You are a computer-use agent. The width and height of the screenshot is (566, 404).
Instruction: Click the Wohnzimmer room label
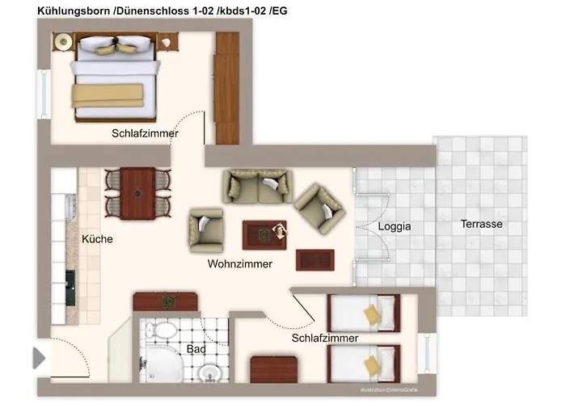click(x=239, y=264)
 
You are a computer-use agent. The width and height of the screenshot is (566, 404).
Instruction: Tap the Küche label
click(x=97, y=239)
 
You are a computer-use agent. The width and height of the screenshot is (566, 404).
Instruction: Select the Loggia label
click(x=395, y=226)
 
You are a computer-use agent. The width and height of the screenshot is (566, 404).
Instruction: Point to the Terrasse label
click(x=482, y=224)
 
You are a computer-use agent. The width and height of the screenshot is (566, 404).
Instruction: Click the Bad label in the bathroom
click(x=196, y=349)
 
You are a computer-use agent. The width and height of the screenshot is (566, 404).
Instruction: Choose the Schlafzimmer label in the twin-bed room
click(x=324, y=339)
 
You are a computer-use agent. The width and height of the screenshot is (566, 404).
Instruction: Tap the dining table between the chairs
click(x=138, y=192)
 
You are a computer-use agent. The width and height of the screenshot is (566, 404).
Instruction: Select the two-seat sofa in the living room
click(x=257, y=186)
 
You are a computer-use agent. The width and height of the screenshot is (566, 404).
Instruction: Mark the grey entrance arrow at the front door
click(x=39, y=357)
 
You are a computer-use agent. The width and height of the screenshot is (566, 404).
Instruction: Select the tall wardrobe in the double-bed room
click(x=226, y=88)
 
